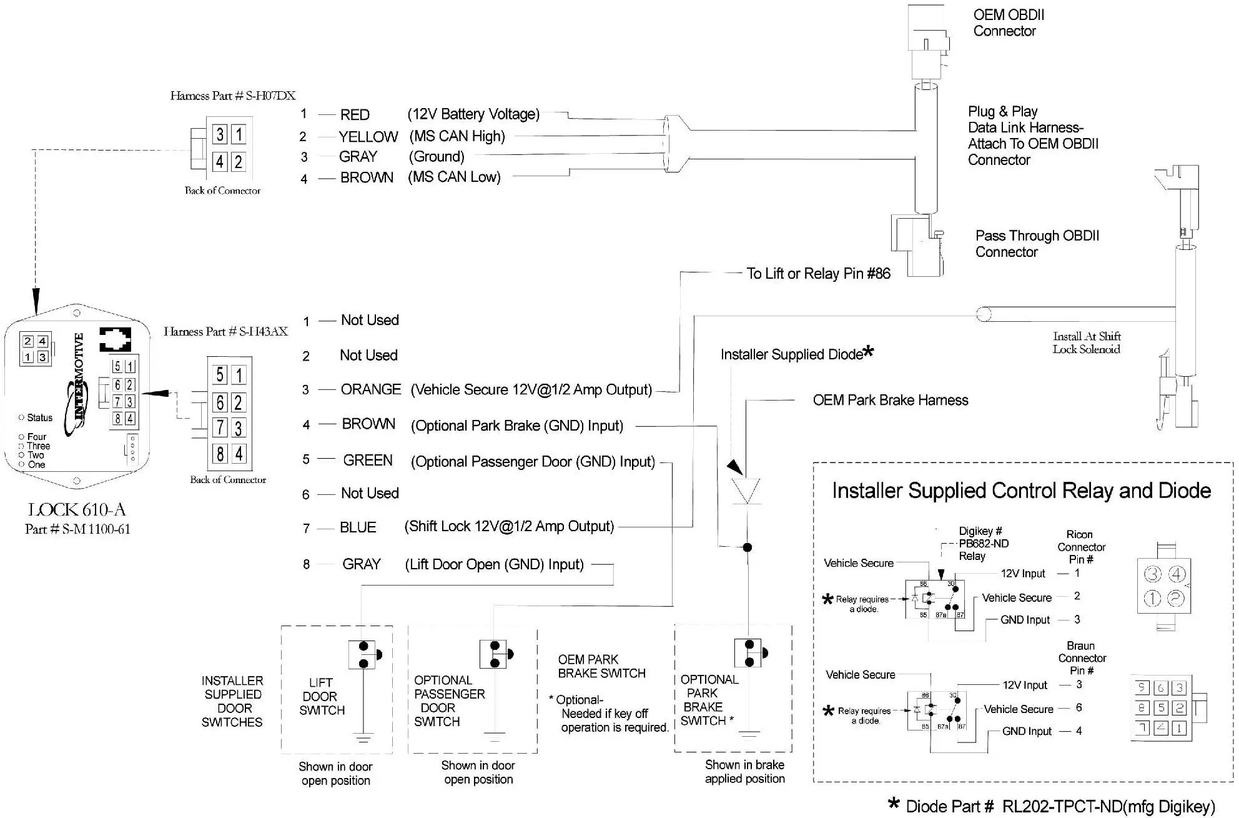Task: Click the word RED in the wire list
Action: coord(355,115)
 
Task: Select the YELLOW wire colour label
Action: coord(368,137)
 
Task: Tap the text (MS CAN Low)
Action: coord(454,177)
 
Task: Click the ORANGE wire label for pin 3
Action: coord(371,390)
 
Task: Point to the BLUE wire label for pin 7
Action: coord(358,527)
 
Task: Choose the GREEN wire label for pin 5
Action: coord(368,461)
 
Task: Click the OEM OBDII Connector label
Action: coord(1008,23)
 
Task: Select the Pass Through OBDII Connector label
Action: coord(1037,244)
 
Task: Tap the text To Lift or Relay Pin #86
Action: coord(818,274)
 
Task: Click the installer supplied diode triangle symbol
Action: coord(746,491)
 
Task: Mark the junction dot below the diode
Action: coord(747,547)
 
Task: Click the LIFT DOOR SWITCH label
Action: coord(322,696)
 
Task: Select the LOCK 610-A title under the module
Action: coord(77,509)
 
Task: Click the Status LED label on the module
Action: coord(39,417)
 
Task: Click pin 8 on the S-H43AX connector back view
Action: coord(220,454)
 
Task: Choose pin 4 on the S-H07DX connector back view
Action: coord(220,162)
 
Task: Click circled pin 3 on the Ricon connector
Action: coord(1152,574)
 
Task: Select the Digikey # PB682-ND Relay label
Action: coord(983,544)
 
